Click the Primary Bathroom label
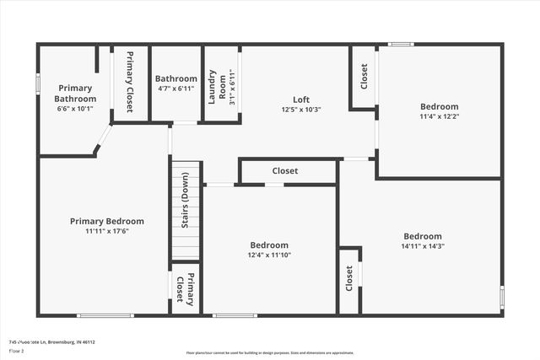[x=76, y=93]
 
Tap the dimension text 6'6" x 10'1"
[x=76, y=109]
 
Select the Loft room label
[x=301, y=99]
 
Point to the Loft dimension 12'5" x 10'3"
[x=301, y=110]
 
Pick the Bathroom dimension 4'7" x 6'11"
[x=175, y=89]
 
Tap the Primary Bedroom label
[x=106, y=221]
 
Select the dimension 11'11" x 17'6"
[x=106, y=232]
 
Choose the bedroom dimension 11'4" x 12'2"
[x=440, y=117]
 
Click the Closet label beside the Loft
[x=364, y=77]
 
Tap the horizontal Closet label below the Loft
[x=284, y=171]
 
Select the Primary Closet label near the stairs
[x=185, y=288]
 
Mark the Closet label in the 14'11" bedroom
[x=349, y=279]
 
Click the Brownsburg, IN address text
[x=52, y=342]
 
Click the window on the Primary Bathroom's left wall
[x=37, y=84]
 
